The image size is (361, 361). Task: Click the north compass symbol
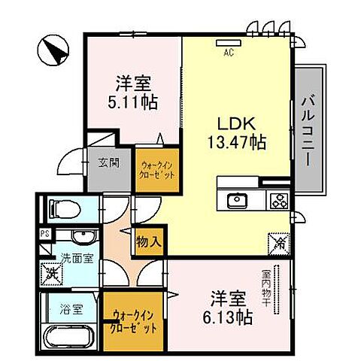(x=53, y=51)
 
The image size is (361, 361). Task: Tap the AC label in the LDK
(x=228, y=52)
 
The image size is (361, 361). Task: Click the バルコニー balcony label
(x=308, y=131)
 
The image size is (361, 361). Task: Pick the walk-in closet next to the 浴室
(x=135, y=323)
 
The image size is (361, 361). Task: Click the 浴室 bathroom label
(x=65, y=308)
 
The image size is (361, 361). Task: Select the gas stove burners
(x=279, y=200)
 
